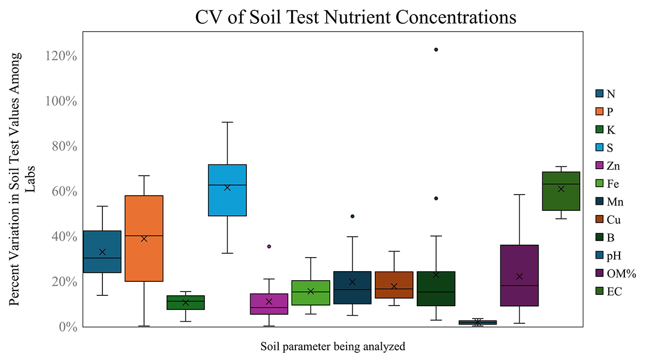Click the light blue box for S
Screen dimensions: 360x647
pyautogui.click(x=227, y=190)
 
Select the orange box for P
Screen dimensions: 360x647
pyautogui.click(x=144, y=238)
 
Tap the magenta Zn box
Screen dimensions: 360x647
pyautogui.click(x=269, y=304)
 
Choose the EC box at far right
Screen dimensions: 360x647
pyautogui.click(x=561, y=191)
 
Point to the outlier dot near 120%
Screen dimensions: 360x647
pyautogui.click(x=436, y=50)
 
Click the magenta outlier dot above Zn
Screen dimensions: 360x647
pyautogui.click(x=269, y=246)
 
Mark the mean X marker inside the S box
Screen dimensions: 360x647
pyautogui.click(x=227, y=188)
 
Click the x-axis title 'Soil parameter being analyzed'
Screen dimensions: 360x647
pyautogui.click(x=333, y=345)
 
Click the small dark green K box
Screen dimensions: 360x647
pyautogui.click(x=185, y=302)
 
